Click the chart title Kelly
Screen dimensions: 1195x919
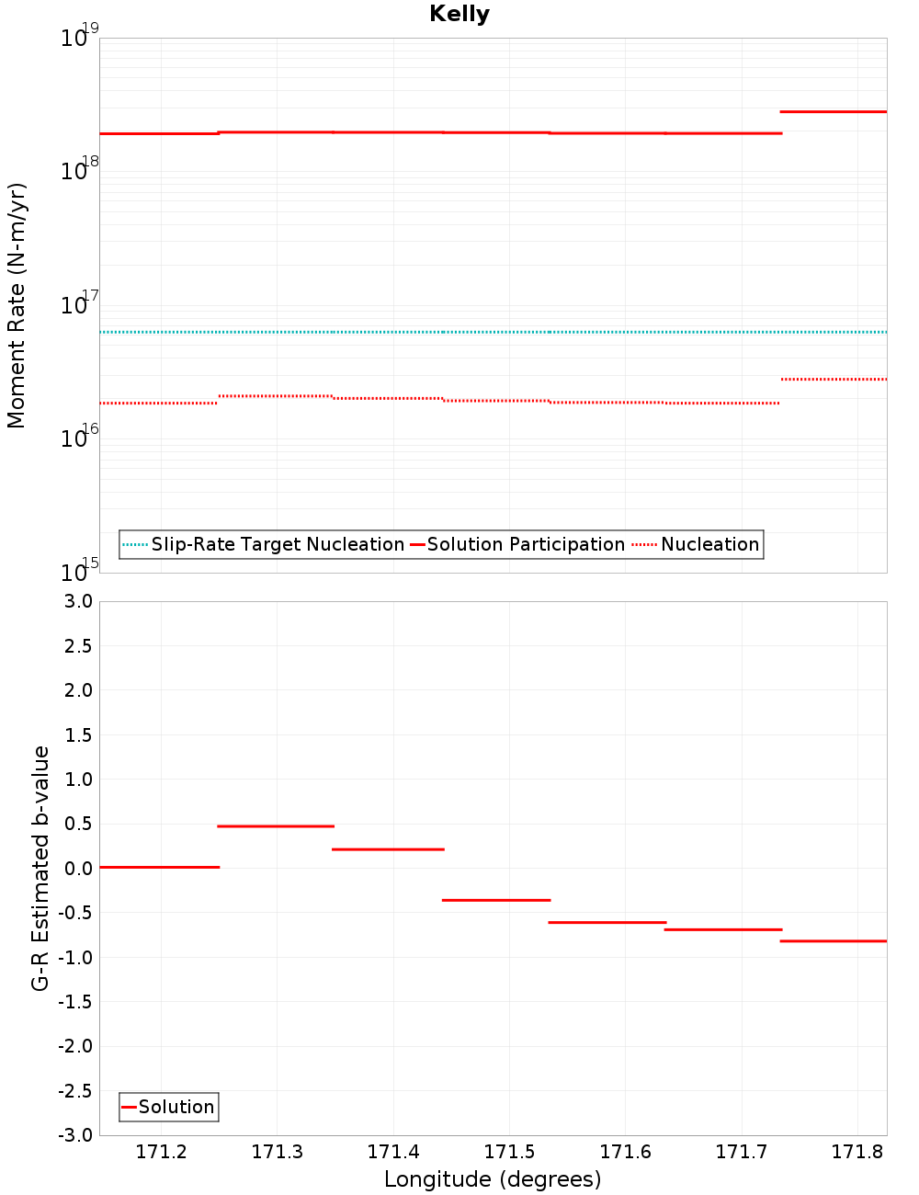click(x=459, y=15)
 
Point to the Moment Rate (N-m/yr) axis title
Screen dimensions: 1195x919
click(x=17, y=305)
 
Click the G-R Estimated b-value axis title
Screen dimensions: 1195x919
click(x=40, y=869)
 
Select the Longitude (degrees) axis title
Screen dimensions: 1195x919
click(x=493, y=1179)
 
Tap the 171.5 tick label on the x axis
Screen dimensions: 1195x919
click(x=509, y=1153)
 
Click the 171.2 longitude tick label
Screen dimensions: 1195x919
click(x=161, y=1153)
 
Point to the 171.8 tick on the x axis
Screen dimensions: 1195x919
click(x=857, y=1153)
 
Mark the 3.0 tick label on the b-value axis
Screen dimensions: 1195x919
click(x=77, y=602)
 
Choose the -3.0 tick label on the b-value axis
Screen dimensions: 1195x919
click(x=75, y=1136)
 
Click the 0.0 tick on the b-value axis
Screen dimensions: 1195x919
click(x=77, y=869)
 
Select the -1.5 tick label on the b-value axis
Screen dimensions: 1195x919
click(x=75, y=1002)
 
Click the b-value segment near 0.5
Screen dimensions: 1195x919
click(x=276, y=826)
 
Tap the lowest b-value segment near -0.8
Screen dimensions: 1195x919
click(x=833, y=941)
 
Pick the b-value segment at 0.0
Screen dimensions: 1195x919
click(x=159, y=867)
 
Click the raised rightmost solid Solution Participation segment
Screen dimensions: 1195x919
click(x=833, y=112)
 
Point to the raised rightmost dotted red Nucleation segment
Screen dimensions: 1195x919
click(x=833, y=379)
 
